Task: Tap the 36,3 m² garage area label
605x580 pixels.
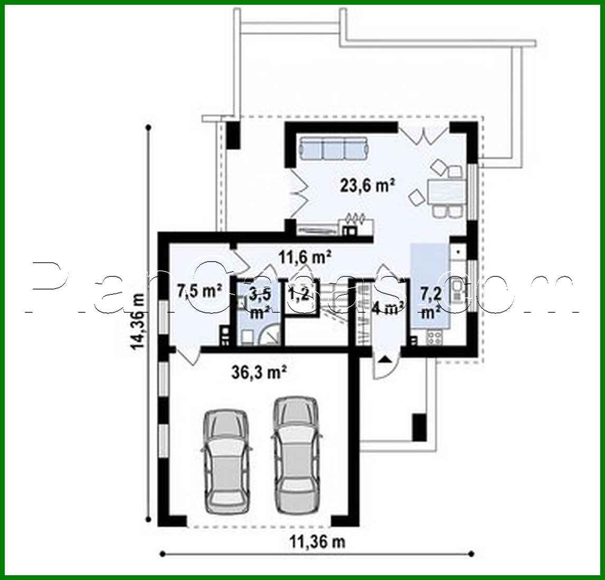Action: (259, 373)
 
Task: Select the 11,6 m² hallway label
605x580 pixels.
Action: (305, 257)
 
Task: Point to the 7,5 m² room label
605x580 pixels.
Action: (199, 291)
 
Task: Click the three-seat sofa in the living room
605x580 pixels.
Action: (334, 148)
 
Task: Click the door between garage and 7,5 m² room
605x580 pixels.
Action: (189, 357)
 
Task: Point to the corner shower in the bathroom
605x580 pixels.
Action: (272, 334)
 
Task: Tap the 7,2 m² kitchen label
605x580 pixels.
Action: (430, 301)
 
